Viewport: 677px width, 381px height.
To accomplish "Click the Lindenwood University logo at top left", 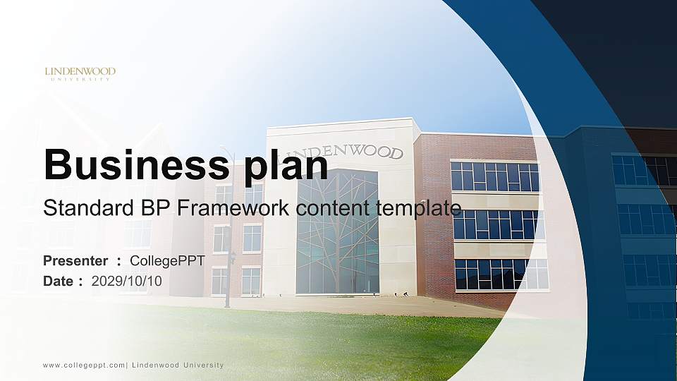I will click(x=80, y=73).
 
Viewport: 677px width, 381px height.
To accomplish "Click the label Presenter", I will click(x=75, y=261).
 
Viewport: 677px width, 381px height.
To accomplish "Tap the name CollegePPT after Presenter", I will click(x=167, y=261).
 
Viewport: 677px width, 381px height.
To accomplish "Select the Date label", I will click(x=59, y=281).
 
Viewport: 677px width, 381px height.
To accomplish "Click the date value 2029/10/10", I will click(x=127, y=281).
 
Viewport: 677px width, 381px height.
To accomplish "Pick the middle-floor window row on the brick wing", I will click(x=497, y=225).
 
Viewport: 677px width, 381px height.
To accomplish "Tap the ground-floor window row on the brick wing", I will click(x=501, y=274).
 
